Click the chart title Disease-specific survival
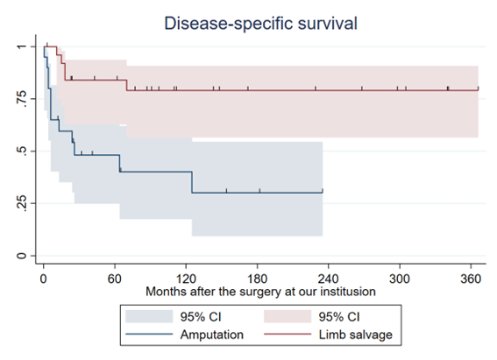(x=260, y=24)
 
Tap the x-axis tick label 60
(x=115, y=279)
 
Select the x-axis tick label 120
(x=186, y=279)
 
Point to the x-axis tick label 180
(x=257, y=279)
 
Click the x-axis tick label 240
(x=329, y=279)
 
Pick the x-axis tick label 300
(x=400, y=279)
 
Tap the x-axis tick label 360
(x=471, y=279)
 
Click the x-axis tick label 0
(x=44, y=279)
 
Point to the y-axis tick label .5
(x=21, y=151)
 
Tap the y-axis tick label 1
(x=21, y=46)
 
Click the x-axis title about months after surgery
(x=260, y=292)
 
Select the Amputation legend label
(x=212, y=335)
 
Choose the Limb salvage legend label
(x=355, y=335)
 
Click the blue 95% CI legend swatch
(x=149, y=316)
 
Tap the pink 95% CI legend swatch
(x=288, y=316)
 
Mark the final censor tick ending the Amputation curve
(x=323, y=191)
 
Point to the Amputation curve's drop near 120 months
(x=192, y=182)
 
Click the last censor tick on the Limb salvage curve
(x=478, y=88)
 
